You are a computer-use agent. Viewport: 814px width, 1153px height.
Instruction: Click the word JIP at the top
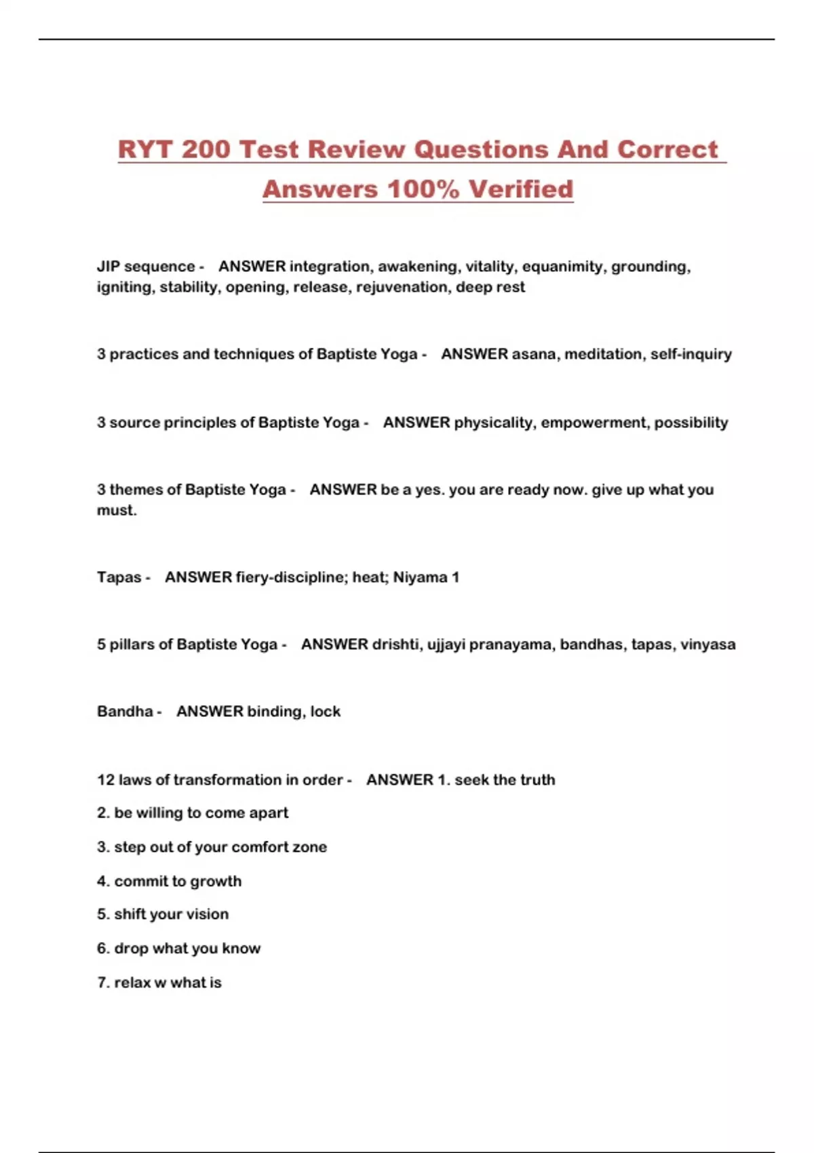click(x=108, y=267)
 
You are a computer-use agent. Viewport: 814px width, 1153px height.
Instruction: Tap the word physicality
click(x=493, y=423)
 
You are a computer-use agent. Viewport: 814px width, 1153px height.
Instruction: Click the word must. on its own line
click(x=117, y=510)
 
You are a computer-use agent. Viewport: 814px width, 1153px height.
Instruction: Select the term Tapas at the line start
click(x=119, y=577)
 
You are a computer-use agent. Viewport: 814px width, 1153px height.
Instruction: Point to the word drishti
click(x=395, y=644)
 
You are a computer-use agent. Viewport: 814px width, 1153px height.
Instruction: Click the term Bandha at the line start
click(x=125, y=711)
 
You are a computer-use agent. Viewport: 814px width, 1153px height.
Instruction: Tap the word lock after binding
click(x=326, y=711)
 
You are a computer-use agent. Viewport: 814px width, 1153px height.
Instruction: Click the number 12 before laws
click(x=106, y=780)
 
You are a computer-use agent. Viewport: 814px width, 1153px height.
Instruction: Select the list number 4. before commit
click(x=103, y=881)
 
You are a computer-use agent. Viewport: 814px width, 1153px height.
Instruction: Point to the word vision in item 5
click(x=208, y=914)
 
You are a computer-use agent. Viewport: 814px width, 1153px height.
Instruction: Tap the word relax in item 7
click(x=132, y=983)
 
